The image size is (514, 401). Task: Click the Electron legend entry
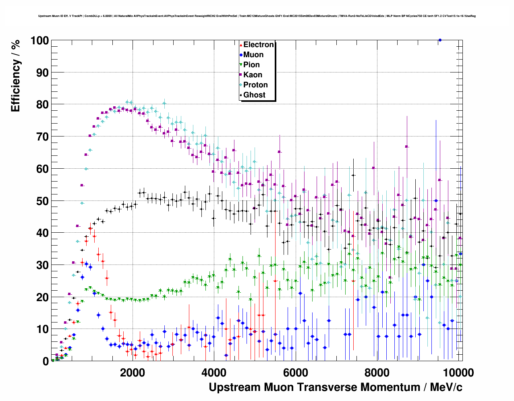(258, 45)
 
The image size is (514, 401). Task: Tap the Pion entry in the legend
(251, 65)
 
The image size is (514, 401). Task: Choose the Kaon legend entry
(253, 75)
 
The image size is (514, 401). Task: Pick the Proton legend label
(255, 85)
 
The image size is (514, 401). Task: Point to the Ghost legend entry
(254, 95)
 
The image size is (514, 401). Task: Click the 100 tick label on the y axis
(39, 41)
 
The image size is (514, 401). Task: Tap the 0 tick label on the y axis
(46, 362)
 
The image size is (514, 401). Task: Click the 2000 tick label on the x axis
(132, 372)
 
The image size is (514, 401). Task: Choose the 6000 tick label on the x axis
(295, 372)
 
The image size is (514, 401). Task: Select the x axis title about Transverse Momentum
(335, 387)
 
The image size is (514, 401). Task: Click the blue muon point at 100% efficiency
(440, 40)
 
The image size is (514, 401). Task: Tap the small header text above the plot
(257, 16)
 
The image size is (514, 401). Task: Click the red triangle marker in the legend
(241, 45)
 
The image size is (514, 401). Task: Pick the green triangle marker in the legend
(241, 65)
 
